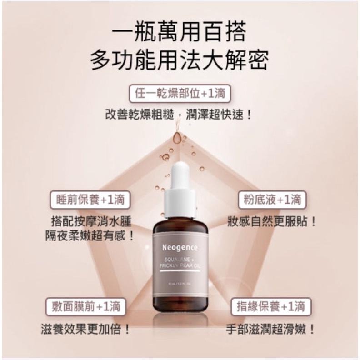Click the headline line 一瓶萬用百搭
click(180, 32)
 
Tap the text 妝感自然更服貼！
click(272, 222)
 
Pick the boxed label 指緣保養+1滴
click(271, 306)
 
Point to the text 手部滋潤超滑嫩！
click(270, 328)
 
